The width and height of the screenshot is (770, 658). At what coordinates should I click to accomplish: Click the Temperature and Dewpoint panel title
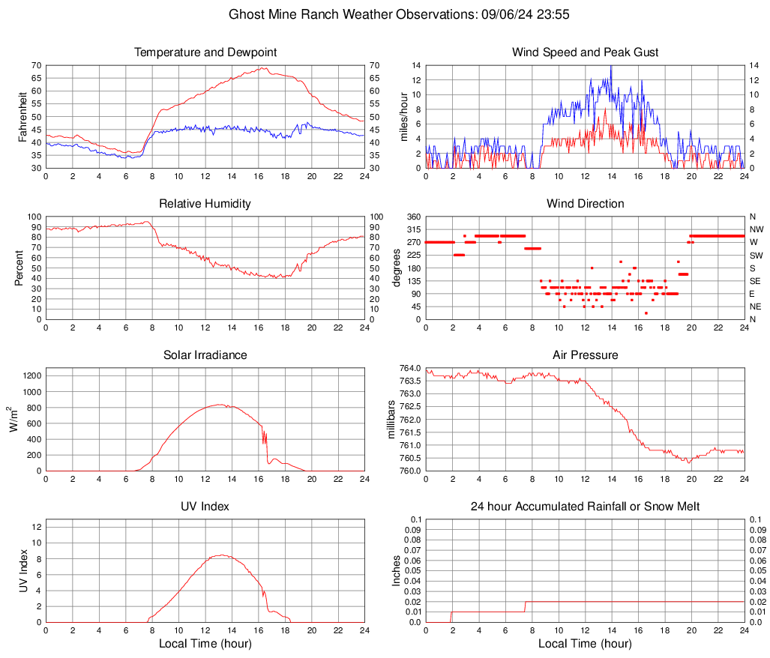tap(205, 52)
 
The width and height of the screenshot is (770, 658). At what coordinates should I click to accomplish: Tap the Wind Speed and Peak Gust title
tap(586, 52)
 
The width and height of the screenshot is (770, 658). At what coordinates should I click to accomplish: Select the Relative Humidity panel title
tap(205, 204)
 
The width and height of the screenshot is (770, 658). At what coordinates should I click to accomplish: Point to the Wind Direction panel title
tap(586, 204)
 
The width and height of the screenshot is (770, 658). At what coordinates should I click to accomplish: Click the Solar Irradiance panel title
tap(205, 355)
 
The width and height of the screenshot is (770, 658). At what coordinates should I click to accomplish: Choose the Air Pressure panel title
tap(586, 355)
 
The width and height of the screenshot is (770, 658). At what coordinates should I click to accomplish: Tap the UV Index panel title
tap(205, 507)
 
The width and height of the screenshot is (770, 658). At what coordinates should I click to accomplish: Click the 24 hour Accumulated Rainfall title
tap(586, 507)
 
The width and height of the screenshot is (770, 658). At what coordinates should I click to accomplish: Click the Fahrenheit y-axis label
tap(22, 117)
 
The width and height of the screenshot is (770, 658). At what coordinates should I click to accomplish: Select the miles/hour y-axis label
tap(403, 117)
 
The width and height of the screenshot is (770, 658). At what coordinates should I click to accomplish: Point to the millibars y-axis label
tap(391, 420)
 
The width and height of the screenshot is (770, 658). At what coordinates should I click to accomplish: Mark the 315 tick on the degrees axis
tap(412, 229)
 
